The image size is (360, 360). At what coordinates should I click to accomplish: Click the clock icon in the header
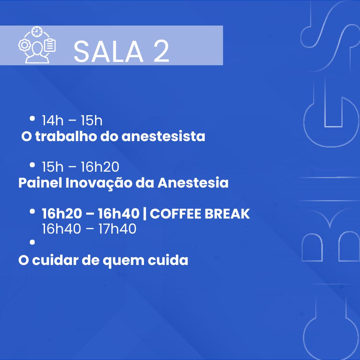click(x=37, y=31)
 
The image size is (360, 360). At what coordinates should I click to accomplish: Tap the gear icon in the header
click(x=24, y=45)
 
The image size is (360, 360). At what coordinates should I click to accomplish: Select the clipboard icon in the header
click(x=50, y=45)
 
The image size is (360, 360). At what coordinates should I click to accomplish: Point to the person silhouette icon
click(x=37, y=52)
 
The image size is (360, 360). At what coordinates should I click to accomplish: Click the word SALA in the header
click(x=108, y=51)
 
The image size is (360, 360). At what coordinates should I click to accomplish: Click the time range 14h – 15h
click(x=72, y=121)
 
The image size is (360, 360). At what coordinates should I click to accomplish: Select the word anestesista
click(x=163, y=136)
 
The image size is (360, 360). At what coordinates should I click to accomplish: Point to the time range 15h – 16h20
click(x=80, y=167)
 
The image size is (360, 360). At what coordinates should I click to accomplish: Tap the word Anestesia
click(x=193, y=183)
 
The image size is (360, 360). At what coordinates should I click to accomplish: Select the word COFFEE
click(x=176, y=214)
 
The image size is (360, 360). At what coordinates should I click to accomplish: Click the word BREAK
click(x=227, y=214)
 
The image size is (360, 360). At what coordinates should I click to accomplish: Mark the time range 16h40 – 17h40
click(x=89, y=229)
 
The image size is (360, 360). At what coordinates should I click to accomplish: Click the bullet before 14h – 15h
click(x=32, y=118)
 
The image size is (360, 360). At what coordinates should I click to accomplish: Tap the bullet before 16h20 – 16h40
click(x=32, y=211)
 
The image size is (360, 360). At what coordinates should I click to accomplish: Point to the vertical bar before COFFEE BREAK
click(x=144, y=214)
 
